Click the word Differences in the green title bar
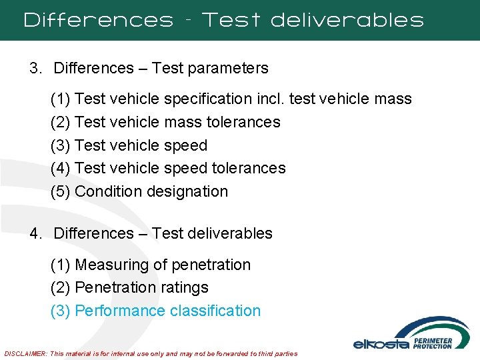[98, 20]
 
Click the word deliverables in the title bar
[347, 20]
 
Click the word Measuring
[112, 265]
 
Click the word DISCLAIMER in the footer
[26, 353]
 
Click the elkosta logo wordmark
[381, 344]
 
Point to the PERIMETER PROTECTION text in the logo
[433, 343]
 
